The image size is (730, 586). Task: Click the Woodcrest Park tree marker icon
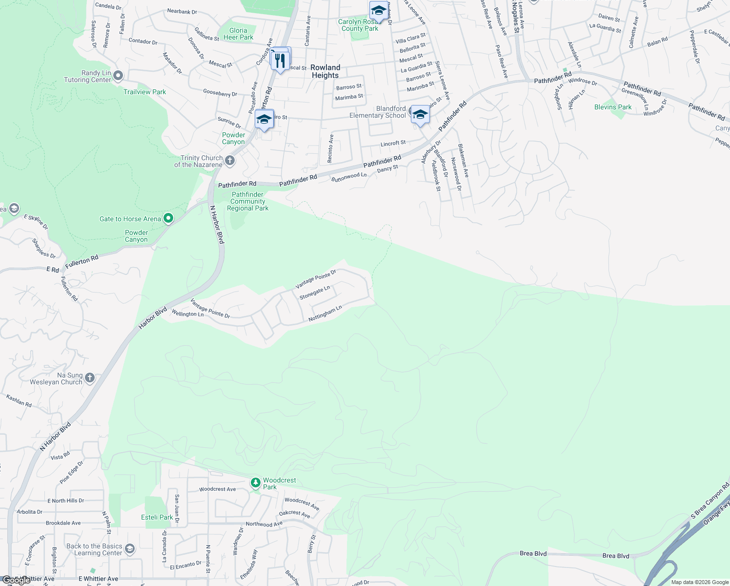tap(255, 483)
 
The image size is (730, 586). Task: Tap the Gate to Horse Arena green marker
tap(168, 218)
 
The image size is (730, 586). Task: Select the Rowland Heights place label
tap(325, 71)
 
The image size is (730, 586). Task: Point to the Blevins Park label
tap(613, 107)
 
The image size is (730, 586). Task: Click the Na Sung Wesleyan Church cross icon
tap(90, 377)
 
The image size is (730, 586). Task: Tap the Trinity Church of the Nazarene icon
tap(230, 160)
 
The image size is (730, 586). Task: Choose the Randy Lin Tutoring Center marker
tap(118, 76)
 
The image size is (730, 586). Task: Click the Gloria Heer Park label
tap(238, 34)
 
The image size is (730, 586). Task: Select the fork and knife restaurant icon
tap(280, 61)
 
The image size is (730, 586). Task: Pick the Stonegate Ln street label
tap(315, 293)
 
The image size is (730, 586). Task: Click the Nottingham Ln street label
tap(325, 314)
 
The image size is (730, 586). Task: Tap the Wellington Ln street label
tap(188, 314)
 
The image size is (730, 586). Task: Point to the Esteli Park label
tap(157, 517)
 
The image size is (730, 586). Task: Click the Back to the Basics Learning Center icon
tap(130, 549)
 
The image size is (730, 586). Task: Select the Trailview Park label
tap(144, 92)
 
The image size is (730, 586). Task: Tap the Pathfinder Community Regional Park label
tap(248, 201)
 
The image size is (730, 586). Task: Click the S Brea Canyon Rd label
tap(710, 501)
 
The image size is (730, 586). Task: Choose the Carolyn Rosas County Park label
tap(359, 25)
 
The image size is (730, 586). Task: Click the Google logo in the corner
tap(16, 580)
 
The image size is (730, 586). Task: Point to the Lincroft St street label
tap(393, 143)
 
